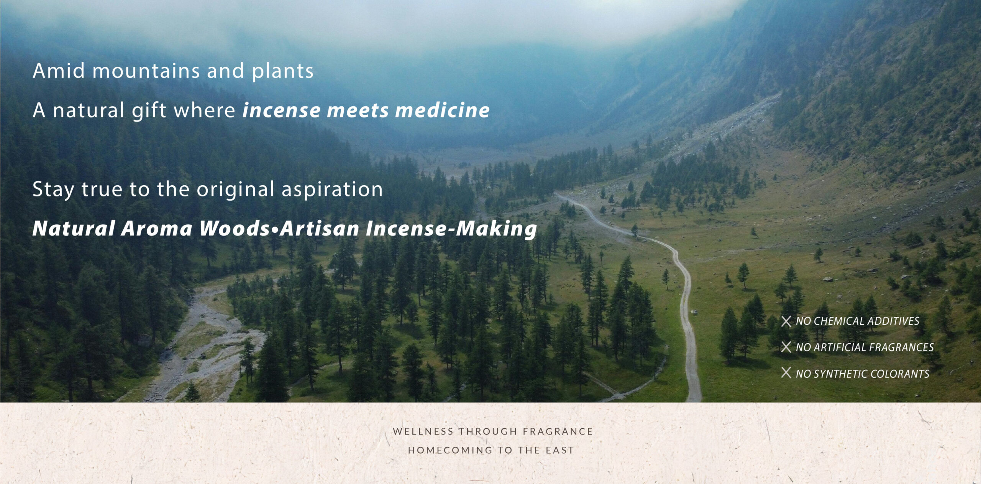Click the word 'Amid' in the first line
(x=59, y=71)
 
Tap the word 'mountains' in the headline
(x=146, y=71)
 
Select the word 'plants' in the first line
(x=282, y=71)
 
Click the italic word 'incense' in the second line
(x=281, y=110)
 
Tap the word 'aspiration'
(x=332, y=189)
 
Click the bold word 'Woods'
(x=235, y=229)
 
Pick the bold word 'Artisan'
(x=319, y=229)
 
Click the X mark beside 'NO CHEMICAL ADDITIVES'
(x=786, y=321)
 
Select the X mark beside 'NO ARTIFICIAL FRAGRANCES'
(x=786, y=347)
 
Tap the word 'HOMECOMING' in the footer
(x=445, y=450)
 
